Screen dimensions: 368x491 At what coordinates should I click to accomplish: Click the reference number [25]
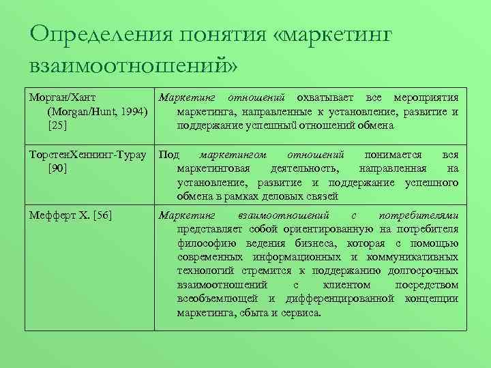pos(57,125)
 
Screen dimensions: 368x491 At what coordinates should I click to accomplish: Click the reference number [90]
pos(57,168)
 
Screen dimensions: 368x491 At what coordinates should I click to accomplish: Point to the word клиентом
pos(350,285)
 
